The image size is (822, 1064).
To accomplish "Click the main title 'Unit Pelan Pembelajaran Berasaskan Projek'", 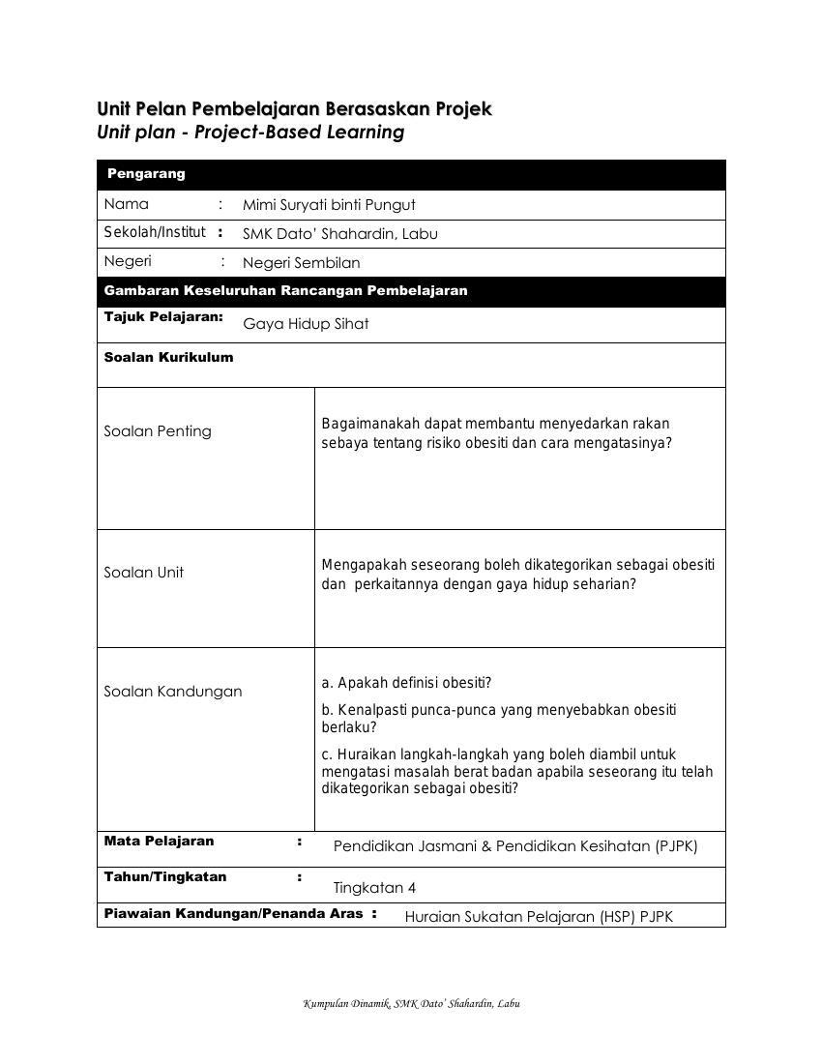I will click(294, 108).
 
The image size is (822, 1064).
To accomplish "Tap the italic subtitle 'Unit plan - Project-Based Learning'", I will click(250, 133).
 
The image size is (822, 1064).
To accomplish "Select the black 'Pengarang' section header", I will click(146, 174).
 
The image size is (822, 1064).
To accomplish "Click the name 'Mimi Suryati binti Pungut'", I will click(329, 205).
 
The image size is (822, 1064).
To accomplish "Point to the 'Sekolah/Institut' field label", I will click(155, 232).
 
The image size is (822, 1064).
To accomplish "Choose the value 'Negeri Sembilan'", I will click(301, 263).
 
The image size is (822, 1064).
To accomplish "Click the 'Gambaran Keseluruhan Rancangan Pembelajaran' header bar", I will click(285, 290).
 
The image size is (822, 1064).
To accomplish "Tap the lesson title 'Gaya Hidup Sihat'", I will click(306, 324).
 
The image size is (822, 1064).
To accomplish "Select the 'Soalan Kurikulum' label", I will click(168, 357).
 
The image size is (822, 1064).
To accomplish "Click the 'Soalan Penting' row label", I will click(158, 431).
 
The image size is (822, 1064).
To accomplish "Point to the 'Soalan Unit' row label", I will click(143, 573).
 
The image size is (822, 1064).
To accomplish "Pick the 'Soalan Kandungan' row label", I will click(173, 692).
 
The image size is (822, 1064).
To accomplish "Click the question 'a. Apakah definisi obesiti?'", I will click(406, 683).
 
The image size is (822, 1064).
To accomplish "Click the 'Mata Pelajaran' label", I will click(159, 842).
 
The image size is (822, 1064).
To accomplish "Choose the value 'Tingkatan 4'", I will click(374, 888).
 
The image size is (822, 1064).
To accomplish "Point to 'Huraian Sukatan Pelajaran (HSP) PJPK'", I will click(539, 917).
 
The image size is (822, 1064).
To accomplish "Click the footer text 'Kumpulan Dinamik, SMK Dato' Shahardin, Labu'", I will click(411, 1004).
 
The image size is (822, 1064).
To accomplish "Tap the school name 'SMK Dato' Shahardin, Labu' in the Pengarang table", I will click(339, 234).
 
